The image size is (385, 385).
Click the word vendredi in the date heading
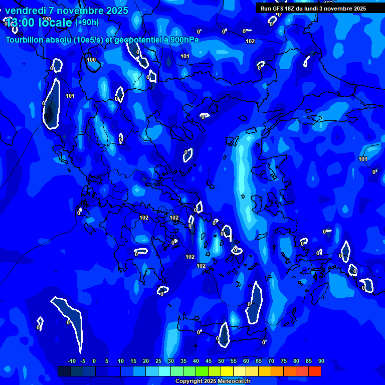click(25, 11)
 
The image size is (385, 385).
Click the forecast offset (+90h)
click(87, 23)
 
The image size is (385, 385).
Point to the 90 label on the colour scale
click(321, 361)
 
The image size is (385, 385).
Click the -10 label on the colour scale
click(71, 361)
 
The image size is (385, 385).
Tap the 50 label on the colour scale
click(221, 361)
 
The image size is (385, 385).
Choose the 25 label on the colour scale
click(158, 361)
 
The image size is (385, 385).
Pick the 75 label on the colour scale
click(284, 361)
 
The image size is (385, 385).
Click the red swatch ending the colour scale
click(315, 371)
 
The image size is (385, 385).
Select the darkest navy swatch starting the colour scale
click(64, 371)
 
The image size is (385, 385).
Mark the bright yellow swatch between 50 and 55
click(227, 371)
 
